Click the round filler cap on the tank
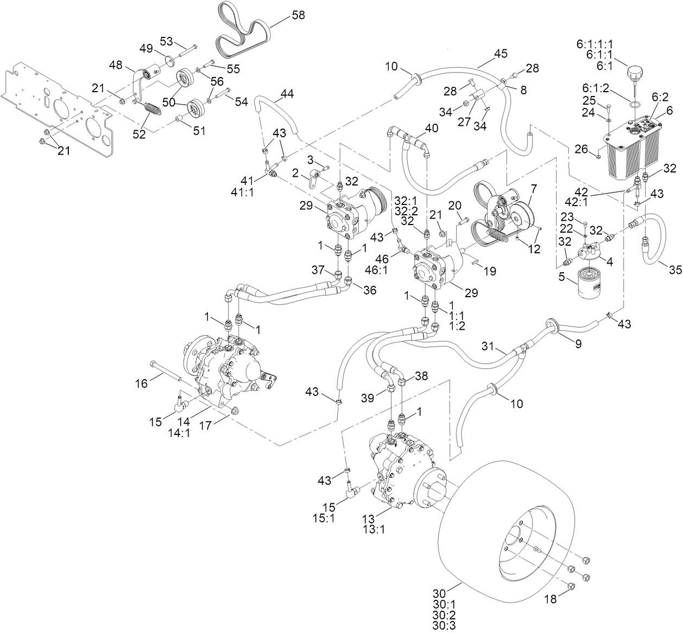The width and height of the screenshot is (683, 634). tap(635, 72)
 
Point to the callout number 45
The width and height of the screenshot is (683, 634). tap(501, 54)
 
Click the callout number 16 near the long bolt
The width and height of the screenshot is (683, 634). tap(141, 384)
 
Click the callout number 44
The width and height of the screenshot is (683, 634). tap(287, 94)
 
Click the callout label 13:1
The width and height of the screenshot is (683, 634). tap(375, 530)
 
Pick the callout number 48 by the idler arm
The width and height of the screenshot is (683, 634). tap(116, 65)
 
